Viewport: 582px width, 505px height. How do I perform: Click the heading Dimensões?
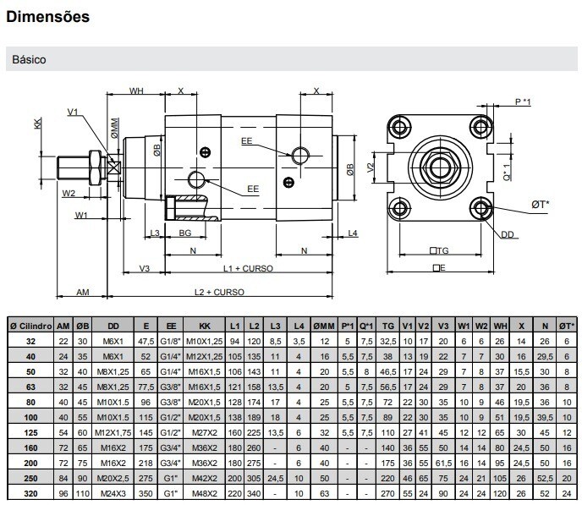(x=47, y=16)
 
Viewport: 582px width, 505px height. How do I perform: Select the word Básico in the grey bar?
(x=29, y=60)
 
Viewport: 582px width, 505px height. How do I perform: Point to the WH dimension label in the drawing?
(x=136, y=91)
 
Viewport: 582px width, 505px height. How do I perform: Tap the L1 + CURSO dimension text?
(x=249, y=269)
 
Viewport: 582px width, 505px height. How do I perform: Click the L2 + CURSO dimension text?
(x=218, y=292)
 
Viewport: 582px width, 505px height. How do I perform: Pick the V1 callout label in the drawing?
(x=72, y=112)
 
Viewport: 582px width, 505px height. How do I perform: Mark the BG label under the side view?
(x=185, y=233)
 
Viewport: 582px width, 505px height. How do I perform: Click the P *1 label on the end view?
(x=523, y=102)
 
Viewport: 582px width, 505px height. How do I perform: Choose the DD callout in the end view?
(x=508, y=235)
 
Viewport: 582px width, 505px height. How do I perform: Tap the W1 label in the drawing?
(x=81, y=216)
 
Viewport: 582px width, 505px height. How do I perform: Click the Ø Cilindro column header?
(x=30, y=326)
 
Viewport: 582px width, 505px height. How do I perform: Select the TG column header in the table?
(x=388, y=326)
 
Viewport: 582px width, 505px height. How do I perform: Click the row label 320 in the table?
(x=30, y=492)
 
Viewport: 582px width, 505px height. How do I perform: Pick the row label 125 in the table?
(x=30, y=432)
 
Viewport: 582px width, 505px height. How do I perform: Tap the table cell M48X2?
(x=204, y=492)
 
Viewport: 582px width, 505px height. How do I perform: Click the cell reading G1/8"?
(x=172, y=340)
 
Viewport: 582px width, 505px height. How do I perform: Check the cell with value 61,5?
(x=444, y=463)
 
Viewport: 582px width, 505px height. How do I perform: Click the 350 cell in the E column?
(x=146, y=492)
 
